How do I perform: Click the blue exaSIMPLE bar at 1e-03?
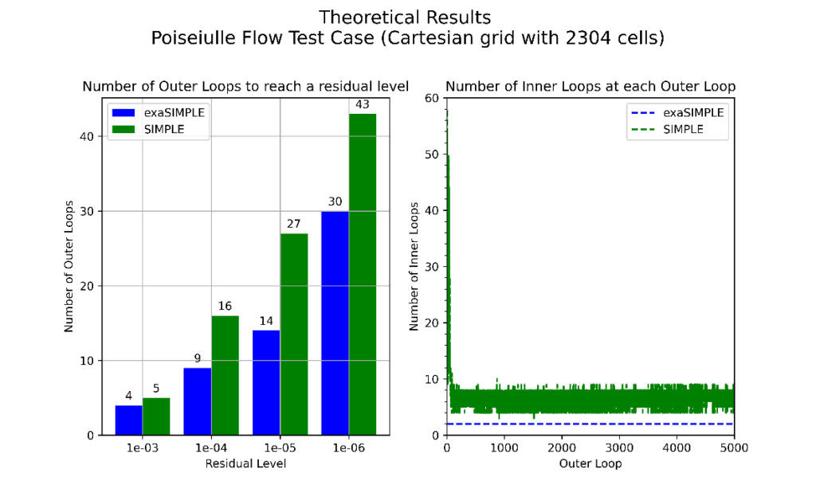128,420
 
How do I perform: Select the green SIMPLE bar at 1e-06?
363,275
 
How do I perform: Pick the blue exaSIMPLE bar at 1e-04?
197,401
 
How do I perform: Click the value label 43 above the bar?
363,104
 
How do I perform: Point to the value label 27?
294,224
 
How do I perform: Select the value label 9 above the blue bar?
197,358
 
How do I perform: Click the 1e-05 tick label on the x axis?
280,448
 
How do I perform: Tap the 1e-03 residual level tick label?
142,448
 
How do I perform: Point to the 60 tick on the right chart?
433,98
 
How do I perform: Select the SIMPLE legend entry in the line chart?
683,129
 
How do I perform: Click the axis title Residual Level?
245,463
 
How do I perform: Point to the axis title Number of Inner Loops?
414,266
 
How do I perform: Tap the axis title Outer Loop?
590,463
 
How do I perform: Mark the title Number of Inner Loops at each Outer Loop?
590,86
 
